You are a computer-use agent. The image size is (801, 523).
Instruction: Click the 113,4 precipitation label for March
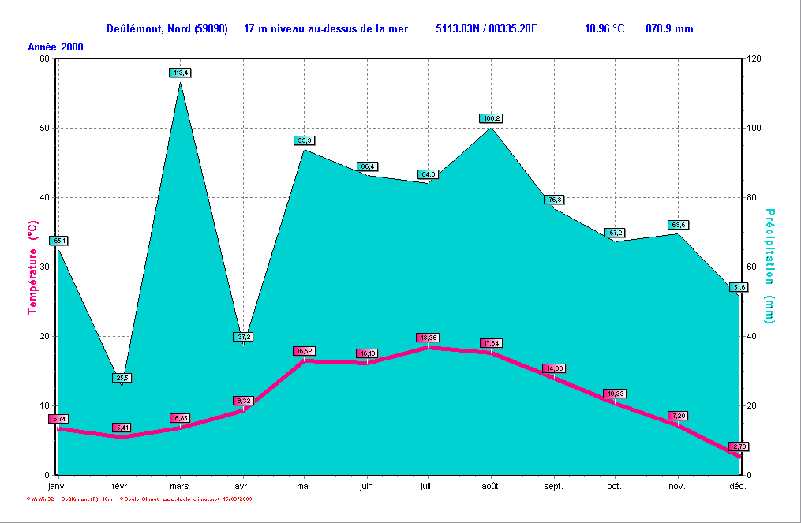[180, 73]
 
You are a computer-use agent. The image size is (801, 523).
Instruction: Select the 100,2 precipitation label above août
[491, 118]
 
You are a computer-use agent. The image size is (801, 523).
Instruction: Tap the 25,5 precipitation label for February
[122, 378]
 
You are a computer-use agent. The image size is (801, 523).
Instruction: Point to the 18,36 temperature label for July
[428, 338]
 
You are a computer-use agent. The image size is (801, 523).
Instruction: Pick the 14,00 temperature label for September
[553, 368]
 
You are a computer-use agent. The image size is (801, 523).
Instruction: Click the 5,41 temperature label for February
[122, 428]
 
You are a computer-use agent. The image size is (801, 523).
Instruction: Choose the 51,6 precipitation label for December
[739, 287]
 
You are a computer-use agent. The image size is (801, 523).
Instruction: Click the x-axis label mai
[304, 487]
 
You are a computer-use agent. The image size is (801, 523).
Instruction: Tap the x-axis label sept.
[553, 487]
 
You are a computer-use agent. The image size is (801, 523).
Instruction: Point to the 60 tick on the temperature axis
[43, 58]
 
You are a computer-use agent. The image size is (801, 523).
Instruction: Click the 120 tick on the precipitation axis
[755, 58]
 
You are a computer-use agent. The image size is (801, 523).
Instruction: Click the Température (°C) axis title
[33, 267]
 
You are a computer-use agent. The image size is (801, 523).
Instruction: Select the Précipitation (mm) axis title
[769, 267]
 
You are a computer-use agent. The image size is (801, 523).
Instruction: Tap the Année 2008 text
[56, 47]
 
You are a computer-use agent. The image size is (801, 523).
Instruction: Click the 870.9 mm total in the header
[669, 28]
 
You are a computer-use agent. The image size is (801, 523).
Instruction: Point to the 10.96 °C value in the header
[604, 28]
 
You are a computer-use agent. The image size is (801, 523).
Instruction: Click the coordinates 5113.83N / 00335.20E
[486, 28]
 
